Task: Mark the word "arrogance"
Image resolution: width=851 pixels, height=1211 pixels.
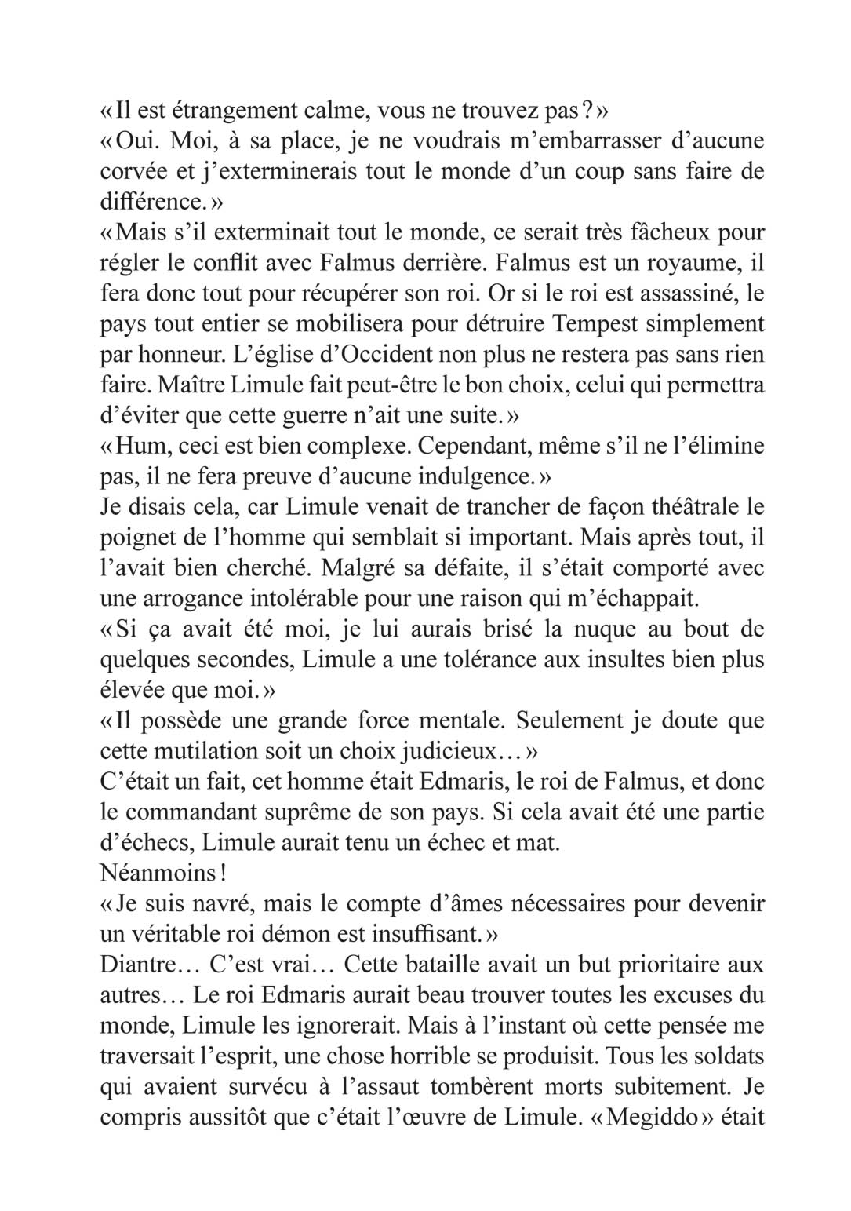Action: coord(199,599)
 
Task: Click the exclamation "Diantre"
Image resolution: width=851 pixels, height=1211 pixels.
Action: coord(139,965)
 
